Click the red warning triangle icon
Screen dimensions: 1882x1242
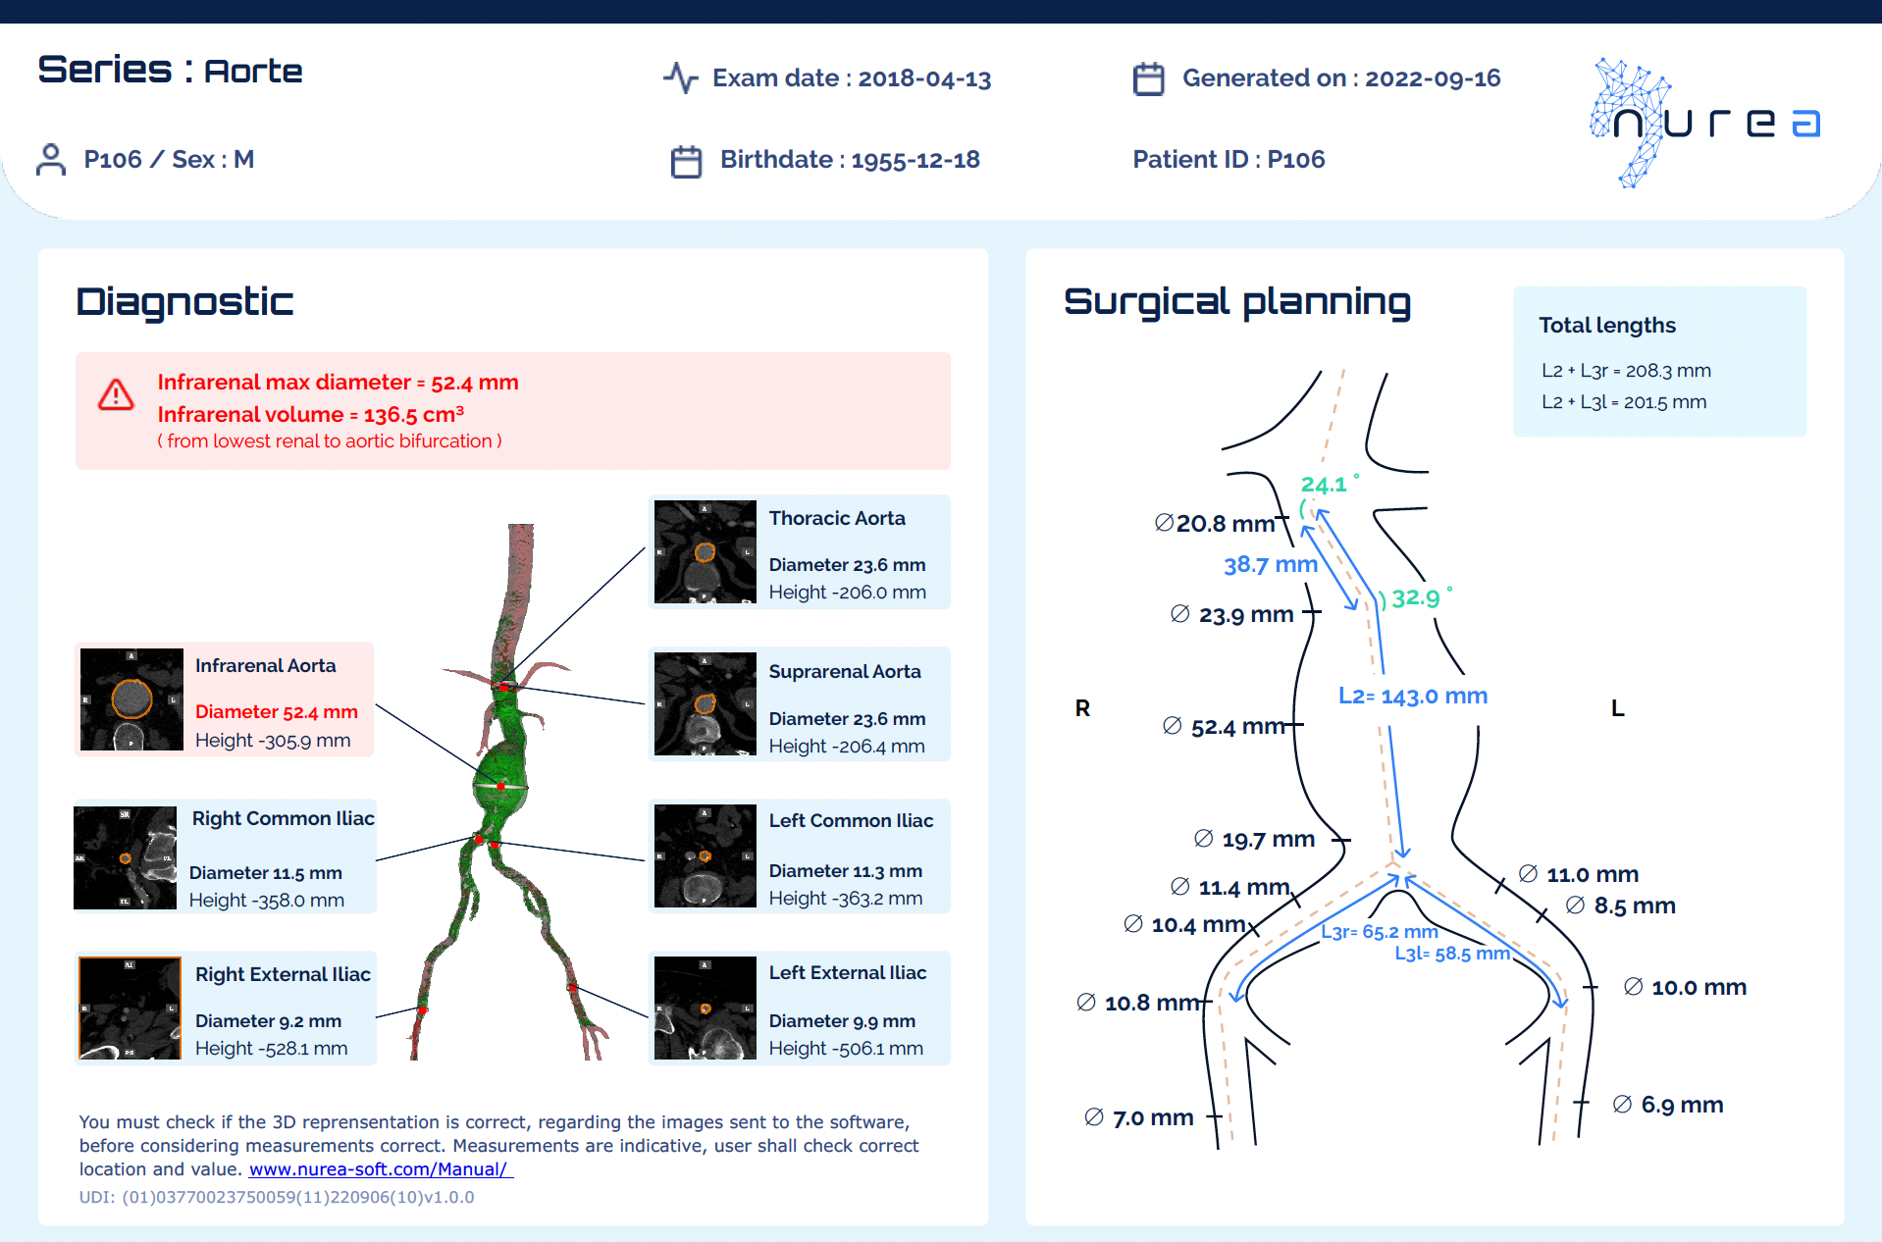click(116, 395)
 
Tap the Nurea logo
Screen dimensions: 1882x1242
click(1705, 123)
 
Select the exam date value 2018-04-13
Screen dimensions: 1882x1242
click(924, 78)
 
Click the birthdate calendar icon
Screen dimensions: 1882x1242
click(686, 161)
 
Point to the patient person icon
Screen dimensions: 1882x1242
click(51, 159)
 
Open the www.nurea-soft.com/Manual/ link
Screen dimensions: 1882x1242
click(381, 1169)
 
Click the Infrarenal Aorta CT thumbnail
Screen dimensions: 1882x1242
click(131, 699)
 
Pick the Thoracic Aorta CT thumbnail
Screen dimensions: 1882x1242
click(706, 552)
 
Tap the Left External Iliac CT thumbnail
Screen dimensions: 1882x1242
click(706, 1008)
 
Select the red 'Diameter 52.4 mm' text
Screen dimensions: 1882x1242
click(277, 711)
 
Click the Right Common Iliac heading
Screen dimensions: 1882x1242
click(284, 818)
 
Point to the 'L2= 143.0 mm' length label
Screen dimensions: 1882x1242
click(1413, 696)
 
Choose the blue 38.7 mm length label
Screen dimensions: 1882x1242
click(1271, 564)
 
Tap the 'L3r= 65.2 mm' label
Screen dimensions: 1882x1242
click(1380, 932)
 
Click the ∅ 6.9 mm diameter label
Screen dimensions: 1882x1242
click(1668, 1105)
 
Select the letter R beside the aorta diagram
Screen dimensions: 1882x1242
click(1082, 708)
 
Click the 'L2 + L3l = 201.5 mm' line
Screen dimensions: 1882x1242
click(1624, 402)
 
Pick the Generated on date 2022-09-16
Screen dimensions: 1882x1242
click(1433, 78)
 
